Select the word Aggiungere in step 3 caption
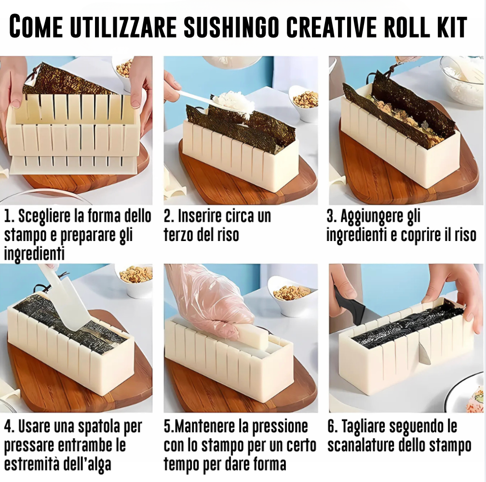point(372,217)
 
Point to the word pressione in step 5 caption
point(280,427)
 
